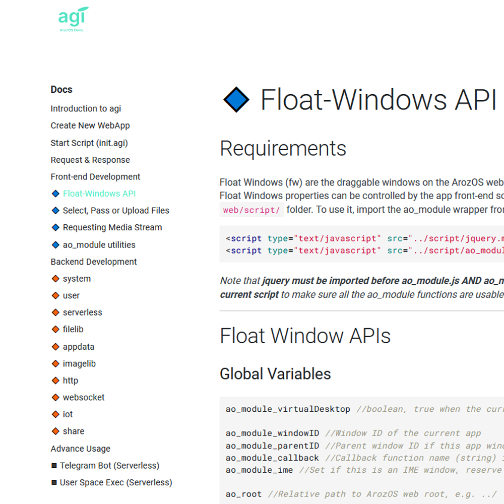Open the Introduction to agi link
(86, 109)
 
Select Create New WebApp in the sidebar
(90, 126)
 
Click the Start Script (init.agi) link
(89, 143)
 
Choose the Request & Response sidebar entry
(90, 160)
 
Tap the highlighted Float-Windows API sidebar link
(99, 194)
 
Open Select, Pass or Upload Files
(116, 211)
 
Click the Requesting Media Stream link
(112, 228)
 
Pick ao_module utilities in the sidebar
(99, 245)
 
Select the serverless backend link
(82, 312)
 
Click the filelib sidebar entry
(73, 330)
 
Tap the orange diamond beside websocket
(55, 398)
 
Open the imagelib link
(79, 364)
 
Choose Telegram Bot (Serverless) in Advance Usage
(109, 466)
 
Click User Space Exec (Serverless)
(116, 483)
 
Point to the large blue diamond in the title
(236, 100)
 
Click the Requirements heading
(283, 149)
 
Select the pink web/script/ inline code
(251, 210)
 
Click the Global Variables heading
(275, 374)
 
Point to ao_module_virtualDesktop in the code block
(288, 409)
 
